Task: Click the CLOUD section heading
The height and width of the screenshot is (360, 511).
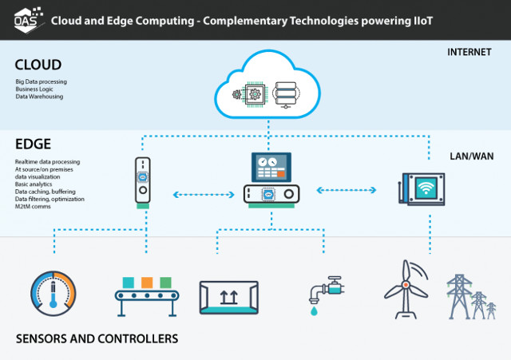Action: [x=38, y=65]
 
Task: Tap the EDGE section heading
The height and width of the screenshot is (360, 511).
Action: [x=34, y=146]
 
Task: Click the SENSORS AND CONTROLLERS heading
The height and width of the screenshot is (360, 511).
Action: [x=97, y=339]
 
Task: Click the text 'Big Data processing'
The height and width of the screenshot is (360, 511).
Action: [x=42, y=81]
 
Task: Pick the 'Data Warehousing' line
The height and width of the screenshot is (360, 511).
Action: [x=39, y=97]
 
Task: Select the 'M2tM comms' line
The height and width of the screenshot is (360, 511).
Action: [x=32, y=205]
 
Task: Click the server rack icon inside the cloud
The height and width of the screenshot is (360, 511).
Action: [x=285, y=93]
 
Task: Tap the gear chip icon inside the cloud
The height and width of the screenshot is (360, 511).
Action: [x=249, y=94]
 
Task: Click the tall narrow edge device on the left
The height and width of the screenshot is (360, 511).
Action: [x=142, y=181]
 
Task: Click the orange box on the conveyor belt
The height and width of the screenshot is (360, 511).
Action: [x=146, y=283]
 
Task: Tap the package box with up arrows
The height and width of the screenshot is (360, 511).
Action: [x=228, y=299]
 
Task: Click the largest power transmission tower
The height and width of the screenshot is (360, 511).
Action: [x=460, y=296]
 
